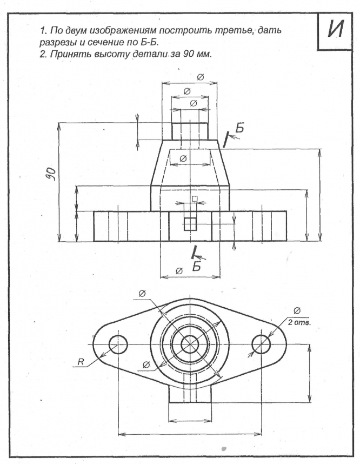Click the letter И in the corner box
click(x=336, y=30)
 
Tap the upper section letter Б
click(x=239, y=128)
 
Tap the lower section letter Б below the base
click(x=196, y=266)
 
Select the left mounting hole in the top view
click(x=118, y=344)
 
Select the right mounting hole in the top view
click(x=261, y=344)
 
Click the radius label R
click(x=80, y=361)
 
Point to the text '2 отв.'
click(x=299, y=322)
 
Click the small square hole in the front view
click(x=190, y=224)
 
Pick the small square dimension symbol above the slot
click(x=195, y=198)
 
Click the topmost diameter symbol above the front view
click(x=200, y=77)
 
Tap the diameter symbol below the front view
click(x=179, y=271)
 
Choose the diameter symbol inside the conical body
click(x=183, y=158)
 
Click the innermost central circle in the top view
click(x=190, y=344)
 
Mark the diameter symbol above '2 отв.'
click(x=297, y=310)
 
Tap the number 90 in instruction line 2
click(x=189, y=54)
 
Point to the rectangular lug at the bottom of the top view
click(x=190, y=388)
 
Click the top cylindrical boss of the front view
click(x=190, y=131)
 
